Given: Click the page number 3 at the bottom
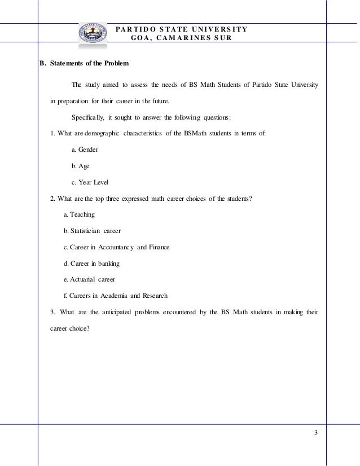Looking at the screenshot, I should [x=316, y=433].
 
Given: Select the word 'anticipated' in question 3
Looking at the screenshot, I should [x=135, y=312].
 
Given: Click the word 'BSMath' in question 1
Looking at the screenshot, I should [x=205, y=134].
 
